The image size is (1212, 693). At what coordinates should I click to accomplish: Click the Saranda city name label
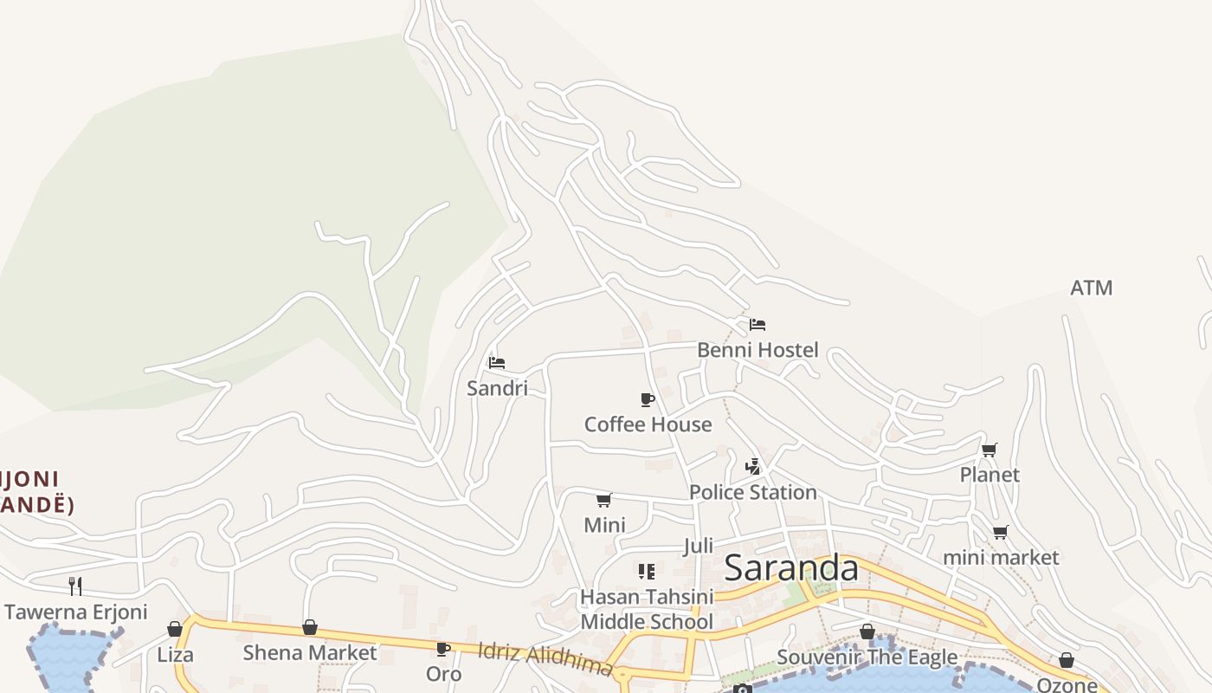[x=790, y=568]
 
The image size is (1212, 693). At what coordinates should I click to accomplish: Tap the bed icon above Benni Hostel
[x=757, y=325]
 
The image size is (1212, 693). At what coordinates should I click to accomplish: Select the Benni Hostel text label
[x=757, y=350]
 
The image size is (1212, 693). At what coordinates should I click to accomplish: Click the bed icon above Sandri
[x=497, y=363]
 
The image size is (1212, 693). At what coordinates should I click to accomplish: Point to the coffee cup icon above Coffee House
[x=647, y=399]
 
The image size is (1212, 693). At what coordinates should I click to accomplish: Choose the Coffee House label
[x=648, y=424]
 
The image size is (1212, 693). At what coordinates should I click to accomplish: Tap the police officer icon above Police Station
[x=753, y=467]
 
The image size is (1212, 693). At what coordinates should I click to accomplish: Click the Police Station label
[x=752, y=492]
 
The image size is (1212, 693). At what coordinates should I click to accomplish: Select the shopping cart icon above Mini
[x=604, y=500]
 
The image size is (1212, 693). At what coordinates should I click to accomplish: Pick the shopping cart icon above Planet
[x=990, y=450]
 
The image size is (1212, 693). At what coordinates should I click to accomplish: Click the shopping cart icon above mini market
[x=1001, y=532]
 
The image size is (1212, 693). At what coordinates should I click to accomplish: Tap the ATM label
[x=1091, y=288]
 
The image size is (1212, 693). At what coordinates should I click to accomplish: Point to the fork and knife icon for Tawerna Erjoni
[x=75, y=586]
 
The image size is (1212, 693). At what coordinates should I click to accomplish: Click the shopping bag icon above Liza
[x=175, y=629]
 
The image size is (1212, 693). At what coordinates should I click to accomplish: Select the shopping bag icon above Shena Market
[x=310, y=627]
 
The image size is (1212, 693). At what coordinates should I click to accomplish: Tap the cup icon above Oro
[x=443, y=649]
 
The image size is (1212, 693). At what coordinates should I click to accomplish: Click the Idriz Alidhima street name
[x=545, y=657]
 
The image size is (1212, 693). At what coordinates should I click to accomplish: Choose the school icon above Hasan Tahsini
[x=647, y=572]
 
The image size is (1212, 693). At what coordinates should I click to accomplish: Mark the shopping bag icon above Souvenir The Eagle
[x=867, y=631]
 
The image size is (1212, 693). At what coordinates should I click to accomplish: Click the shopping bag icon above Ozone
[x=1067, y=660]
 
